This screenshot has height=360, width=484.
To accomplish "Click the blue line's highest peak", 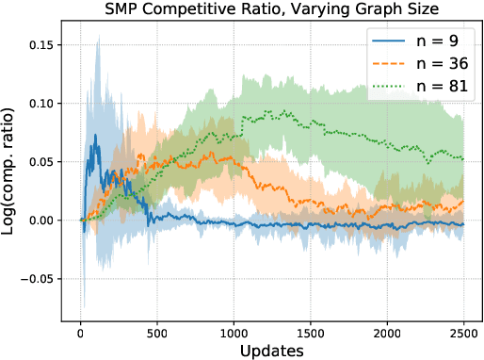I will coord(95,135).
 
